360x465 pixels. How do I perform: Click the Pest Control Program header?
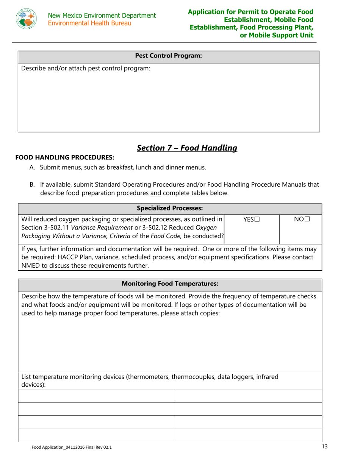(168, 56)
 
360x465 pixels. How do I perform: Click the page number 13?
(324, 447)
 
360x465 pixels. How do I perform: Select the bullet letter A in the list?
(33, 167)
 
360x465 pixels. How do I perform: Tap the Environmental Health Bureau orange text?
(89, 23)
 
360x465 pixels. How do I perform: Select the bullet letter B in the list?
(33, 185)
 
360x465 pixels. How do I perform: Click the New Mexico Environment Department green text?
(102, 16)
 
